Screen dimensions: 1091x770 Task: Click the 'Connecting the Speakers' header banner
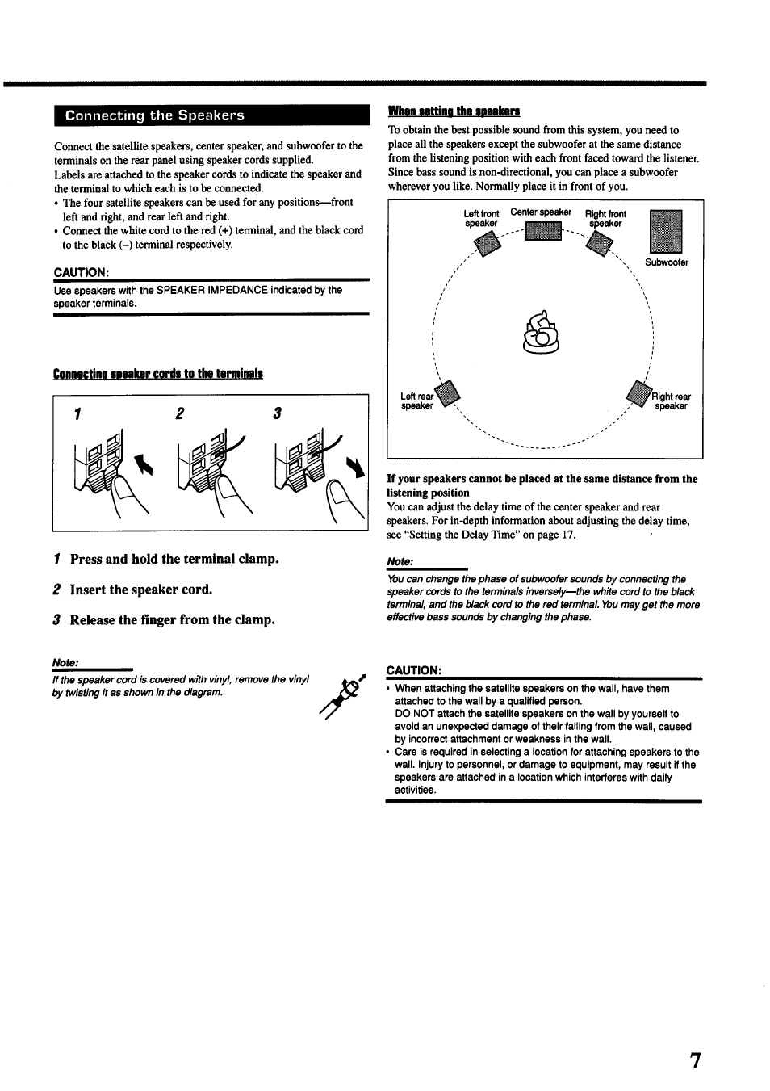pyautogui.click(x=211, y=115)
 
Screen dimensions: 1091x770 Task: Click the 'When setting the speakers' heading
pyautogui.click(x=454, y=111)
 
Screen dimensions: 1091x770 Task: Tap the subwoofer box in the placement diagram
pyautogui.click(x=666, y=232)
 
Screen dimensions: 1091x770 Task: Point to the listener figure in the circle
pyautogui.click(x=541, y=334)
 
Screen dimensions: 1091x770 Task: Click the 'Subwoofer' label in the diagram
pyautogui.click(x=667, y=262)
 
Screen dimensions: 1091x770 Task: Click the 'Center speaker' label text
pyautogui.click(x=541, y=212)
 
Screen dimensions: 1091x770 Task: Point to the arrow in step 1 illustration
pyautogui.click(x=145, y=466)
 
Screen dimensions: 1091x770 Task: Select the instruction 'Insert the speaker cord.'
pyautogui.click(x=140, y=590)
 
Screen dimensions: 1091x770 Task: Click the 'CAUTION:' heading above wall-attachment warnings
pyautogui.click(x=414, y=670)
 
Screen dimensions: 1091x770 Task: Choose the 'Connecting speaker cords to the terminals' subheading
pyautogui.click(x=158, y=373)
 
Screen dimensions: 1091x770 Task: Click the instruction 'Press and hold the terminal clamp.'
pyautogui.click(x=174, y=559)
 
